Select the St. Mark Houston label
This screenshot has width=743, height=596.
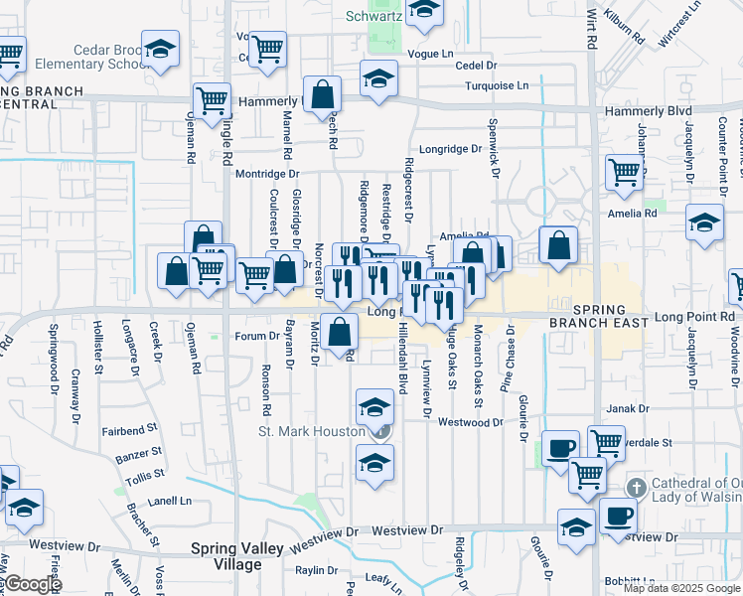pyautogui.click(x=313, y=431)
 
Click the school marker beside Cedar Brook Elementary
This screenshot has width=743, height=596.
pyautogui.click(x=159, y=50)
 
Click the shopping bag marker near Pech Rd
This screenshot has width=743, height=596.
pyautogui.click(x=324, y=96)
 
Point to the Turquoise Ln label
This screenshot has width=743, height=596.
pyautogui.click(x=496, y=85)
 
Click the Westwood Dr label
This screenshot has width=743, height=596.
pyautogui.click(x=471, y=422)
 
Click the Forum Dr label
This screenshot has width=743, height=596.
pyautogui.click(x=261, y=336)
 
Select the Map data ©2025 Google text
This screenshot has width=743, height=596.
pyautogui.click(x=680, y=588)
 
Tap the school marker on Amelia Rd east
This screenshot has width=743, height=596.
pyautogui.click(x=704, y=223)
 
